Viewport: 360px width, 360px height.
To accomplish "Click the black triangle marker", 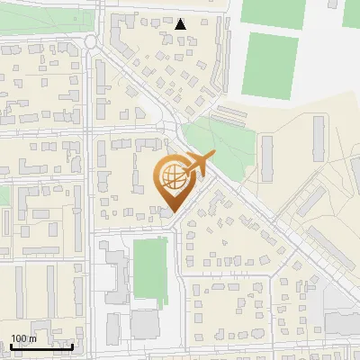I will click(181, 24).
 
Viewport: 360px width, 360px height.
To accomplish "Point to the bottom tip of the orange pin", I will click(172, 213).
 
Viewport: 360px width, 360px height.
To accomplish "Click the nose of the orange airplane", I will click(214, 156).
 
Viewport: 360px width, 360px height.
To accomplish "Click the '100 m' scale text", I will click(23, 338).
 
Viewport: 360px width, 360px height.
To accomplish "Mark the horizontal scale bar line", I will click(41, 346).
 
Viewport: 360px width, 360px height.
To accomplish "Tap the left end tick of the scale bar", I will click(11, 346).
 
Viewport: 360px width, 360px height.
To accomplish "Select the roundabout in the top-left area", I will click(91, 41).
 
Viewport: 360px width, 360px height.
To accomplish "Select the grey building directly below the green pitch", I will click(144, 323).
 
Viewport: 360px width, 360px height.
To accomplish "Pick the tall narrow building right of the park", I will click(267, 158).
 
